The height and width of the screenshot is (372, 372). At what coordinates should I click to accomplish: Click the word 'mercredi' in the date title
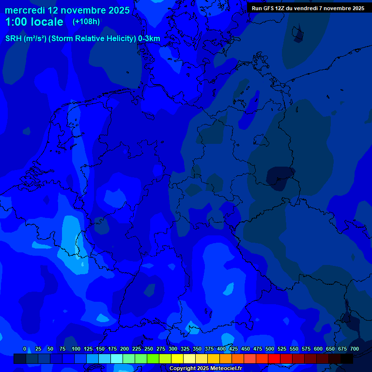[25, 10]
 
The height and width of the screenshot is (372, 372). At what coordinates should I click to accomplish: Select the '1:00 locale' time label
[34, 22]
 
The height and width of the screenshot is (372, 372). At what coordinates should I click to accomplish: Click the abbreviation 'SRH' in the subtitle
[14, 39]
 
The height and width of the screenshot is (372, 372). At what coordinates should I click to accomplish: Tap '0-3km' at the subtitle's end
[149, 39]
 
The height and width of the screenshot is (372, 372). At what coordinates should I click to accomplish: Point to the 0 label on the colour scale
[25, 349]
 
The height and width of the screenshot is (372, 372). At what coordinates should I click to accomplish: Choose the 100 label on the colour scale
[76, 349]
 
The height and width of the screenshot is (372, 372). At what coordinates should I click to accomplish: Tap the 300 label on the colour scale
[172, 349]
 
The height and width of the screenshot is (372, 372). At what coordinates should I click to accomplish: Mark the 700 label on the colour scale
[354, 349]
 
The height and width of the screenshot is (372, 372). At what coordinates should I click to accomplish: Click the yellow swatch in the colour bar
[177, 358]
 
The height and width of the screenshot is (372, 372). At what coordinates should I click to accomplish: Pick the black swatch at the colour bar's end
[347, 358]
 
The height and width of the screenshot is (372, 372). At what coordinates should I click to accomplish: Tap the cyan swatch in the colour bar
[117, 358]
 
